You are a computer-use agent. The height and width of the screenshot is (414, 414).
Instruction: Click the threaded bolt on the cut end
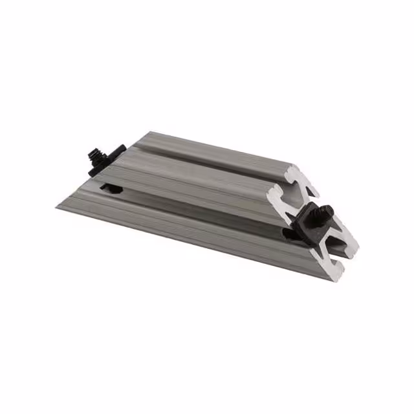[323, 212]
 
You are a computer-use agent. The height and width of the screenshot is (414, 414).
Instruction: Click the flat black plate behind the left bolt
[114, 151]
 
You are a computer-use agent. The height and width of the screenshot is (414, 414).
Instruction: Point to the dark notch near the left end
[111, 189]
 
